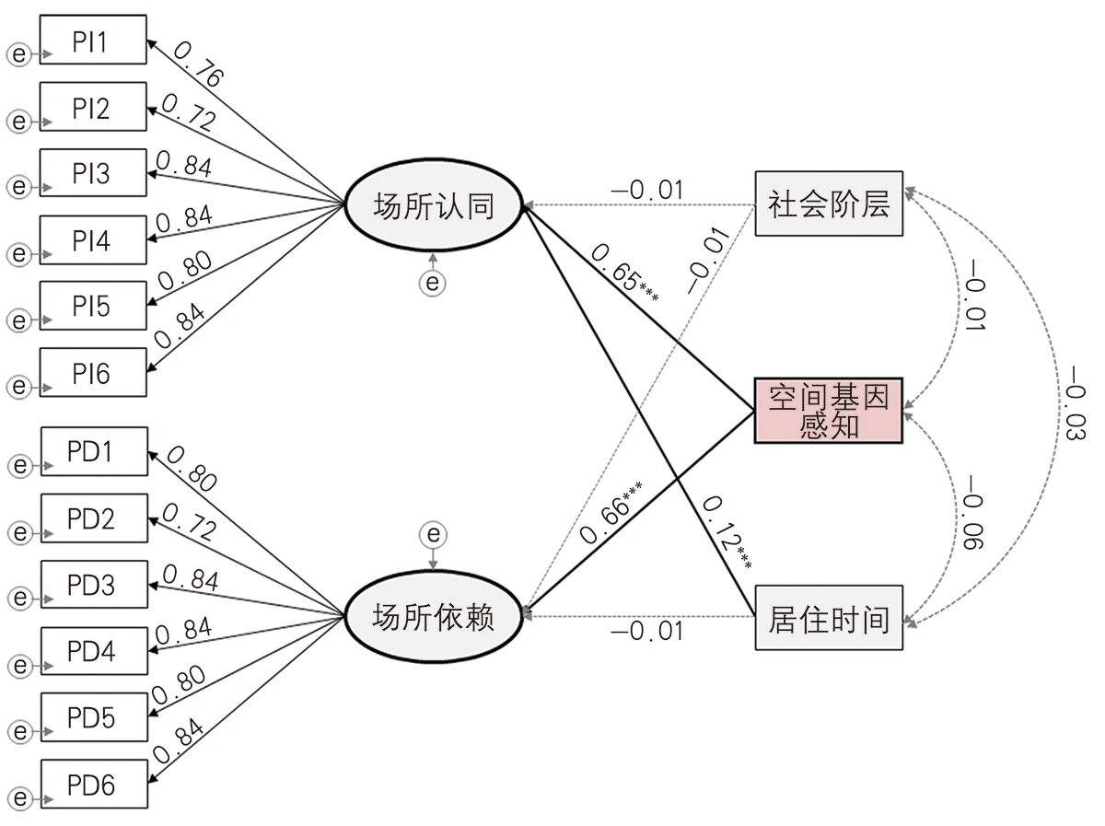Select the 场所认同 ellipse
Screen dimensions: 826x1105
coord(433,205)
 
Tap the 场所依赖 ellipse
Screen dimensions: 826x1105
coord(433,615)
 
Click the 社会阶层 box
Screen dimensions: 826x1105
coord(829,204)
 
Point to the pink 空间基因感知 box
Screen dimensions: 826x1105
coord(829,411)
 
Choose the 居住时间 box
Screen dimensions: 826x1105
coord(829,618)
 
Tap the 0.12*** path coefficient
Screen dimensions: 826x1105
coord(727,531)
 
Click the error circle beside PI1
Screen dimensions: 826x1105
coord(17,54)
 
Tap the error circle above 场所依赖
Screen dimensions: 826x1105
coord(433,534)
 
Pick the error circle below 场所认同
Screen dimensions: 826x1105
coord(433,283)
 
